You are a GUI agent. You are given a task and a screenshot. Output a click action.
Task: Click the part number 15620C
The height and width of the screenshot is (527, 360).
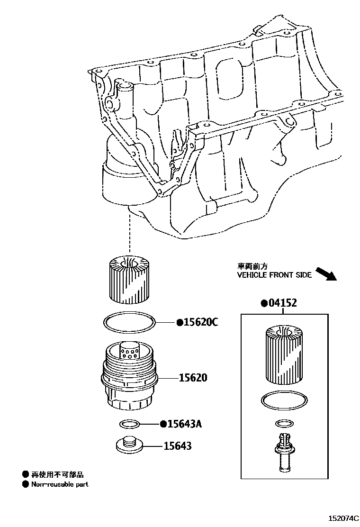pos(201,322)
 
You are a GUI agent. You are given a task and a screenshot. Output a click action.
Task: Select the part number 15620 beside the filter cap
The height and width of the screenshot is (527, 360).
pos(193,378)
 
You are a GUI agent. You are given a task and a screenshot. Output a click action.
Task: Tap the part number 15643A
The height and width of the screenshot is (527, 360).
pos(185,424)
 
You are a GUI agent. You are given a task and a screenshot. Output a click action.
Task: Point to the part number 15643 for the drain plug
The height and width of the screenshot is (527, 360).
pos(178,445)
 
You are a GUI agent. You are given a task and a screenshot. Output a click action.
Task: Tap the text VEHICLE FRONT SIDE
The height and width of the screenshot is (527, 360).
pos(274,275)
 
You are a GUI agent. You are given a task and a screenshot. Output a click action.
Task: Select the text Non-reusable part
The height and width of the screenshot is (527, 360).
pos(60,484)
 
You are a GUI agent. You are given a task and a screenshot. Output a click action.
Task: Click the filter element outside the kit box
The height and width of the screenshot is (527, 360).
pos(129,279)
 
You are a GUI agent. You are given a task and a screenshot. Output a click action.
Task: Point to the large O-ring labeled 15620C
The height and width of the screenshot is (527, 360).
pos(129,323)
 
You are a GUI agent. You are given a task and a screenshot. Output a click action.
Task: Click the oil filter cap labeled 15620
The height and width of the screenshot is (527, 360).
pos(129,377)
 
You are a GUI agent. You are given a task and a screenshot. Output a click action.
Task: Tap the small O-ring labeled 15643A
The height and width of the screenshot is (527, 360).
pos(129,423)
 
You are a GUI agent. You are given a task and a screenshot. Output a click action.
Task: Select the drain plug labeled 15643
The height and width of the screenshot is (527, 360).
pos(129,445)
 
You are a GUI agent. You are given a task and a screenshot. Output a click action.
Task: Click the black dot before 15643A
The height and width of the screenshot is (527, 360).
pos(163,424)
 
